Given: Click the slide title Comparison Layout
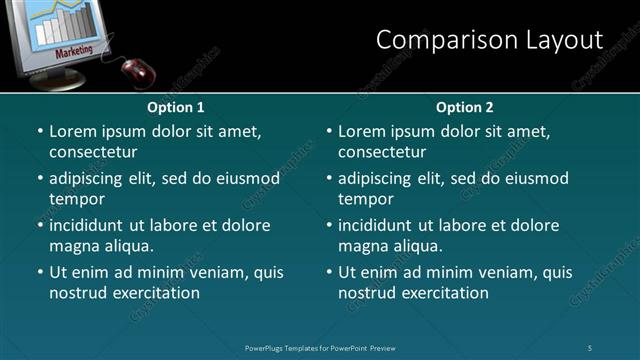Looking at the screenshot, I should pos(489,40).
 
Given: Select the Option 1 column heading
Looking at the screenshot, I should pos(175,107).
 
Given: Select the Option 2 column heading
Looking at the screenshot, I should pos(465,107).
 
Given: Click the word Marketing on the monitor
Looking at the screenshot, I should pos(74,50).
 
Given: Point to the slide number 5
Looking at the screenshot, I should pos(591,347).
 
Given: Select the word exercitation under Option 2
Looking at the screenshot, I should pos(441,293).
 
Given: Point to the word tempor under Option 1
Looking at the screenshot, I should pos(76,199).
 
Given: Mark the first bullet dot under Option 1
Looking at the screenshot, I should pos(39,132).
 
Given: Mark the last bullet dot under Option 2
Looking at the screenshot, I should pos(328,273).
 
